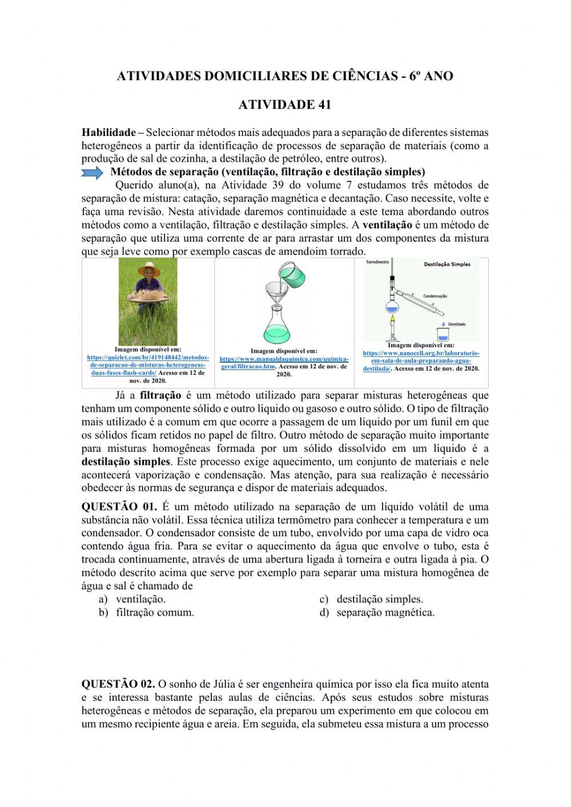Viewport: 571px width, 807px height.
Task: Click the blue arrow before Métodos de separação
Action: (x=93, y=172)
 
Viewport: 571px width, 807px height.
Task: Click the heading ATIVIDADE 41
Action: (x=284, y=105)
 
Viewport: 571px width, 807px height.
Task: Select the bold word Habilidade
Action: (x=108, y=133)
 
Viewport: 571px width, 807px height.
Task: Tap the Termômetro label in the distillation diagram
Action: (x=377, y=262)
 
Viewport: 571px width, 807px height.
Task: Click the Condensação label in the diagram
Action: (x=435, y=296)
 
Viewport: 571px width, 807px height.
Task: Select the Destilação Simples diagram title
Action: (x=447, y=264)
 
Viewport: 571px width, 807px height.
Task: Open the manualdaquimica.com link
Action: (x=284, y=363)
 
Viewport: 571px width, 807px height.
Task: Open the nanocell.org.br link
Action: (x=421, y=361)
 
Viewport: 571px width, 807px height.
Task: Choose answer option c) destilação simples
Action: (x=379, y=599)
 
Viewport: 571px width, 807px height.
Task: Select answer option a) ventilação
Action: (x=140, y=599)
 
